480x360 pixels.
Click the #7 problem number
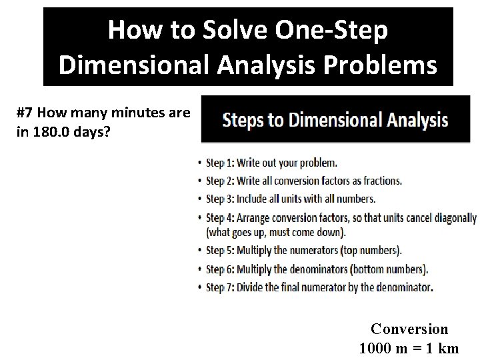tap(25, 113)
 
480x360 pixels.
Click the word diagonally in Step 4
tap(454, 217)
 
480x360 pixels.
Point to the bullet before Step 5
tap(201, 251)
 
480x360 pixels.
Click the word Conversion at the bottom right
tap(409, 329)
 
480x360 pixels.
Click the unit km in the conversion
tap(449, 348)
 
